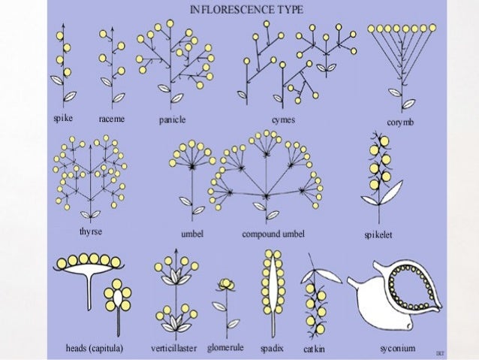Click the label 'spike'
63,119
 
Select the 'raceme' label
112,120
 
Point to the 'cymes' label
283,120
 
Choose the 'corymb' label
399,122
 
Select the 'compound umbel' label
273,234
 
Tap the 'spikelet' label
378,235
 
